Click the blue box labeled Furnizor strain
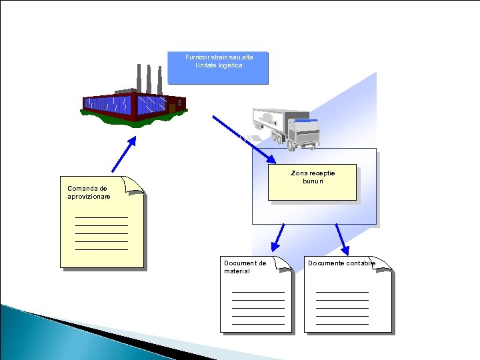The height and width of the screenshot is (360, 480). (x=218, y=68)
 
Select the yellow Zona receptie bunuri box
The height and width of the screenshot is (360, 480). (x=312, y=182)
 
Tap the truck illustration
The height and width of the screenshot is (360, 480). (x=287, y=126)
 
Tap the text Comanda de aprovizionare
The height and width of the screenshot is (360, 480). (x=89, y=193)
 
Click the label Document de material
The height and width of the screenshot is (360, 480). (x=245, y=267)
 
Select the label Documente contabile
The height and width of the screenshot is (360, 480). (x=341, y=263)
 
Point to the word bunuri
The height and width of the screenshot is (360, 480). (x=312, y=181)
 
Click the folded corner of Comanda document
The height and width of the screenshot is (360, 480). (x=135, y=186)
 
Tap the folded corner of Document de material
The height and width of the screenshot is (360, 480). (x=283, y=264)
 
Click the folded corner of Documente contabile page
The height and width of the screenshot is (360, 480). (x=383, y=264)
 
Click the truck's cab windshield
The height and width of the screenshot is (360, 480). (x=307, y=127)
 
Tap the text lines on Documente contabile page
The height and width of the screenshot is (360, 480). (x=342, y=307)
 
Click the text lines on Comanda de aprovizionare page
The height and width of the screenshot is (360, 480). (x=101, y=233)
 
